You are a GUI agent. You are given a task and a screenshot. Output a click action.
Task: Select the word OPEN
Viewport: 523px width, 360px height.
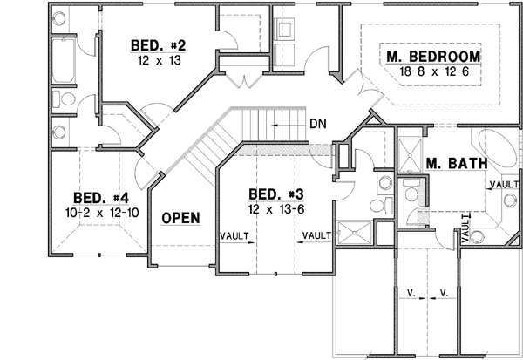pos(180,218)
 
